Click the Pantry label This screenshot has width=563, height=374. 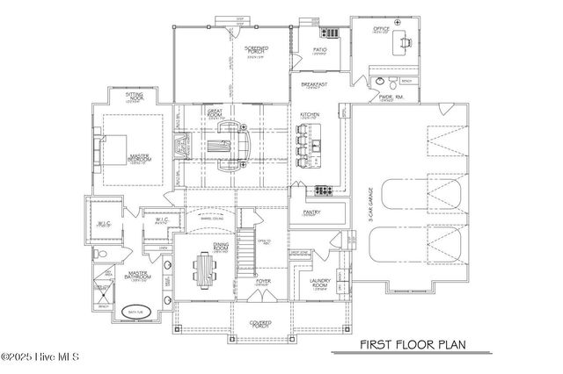(x=311, y=212)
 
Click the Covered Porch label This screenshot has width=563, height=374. (x=259, y=323)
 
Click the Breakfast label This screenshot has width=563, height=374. (x=314, y=85)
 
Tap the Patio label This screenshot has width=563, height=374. (x=320, y=50)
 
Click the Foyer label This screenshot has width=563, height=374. (x=263, y=282)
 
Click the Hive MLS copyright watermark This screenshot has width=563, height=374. (x=42, y=357)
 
